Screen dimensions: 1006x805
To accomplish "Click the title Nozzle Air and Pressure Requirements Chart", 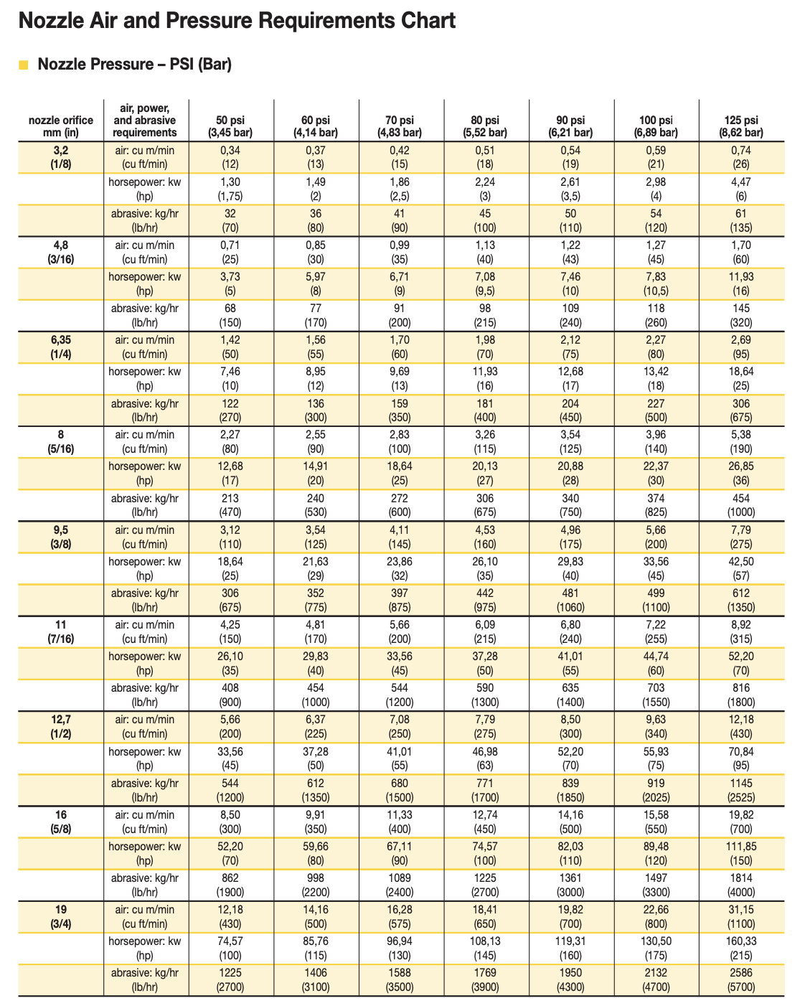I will (237, 21).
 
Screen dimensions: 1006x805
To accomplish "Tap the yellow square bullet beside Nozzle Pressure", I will (24, 65).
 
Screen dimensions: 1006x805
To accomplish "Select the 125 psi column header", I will (741, 126).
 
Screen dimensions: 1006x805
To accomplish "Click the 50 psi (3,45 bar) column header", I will (231, 126).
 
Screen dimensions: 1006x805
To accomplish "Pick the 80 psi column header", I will (486, 126).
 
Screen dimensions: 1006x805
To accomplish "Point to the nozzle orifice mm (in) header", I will (60, 126).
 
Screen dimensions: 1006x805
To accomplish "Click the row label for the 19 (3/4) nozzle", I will (60, 916).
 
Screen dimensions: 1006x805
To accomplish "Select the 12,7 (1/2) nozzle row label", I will (60, 726).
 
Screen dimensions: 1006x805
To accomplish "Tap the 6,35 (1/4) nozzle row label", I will (60, 347).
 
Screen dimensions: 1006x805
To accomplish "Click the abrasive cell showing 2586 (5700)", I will (741, 979).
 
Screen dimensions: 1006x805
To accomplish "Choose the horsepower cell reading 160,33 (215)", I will (741, 948).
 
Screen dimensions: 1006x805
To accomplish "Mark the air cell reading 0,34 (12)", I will (231, 157).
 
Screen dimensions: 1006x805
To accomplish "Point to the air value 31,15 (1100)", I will (741, 916).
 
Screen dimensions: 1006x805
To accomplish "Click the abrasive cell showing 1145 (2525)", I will (741, 789).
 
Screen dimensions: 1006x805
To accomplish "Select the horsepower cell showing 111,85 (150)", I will (741, 853).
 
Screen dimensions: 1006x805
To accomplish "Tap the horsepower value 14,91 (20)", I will (316, 473).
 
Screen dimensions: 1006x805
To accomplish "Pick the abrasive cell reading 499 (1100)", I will (656, 600).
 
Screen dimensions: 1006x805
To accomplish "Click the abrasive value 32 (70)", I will (231, 220).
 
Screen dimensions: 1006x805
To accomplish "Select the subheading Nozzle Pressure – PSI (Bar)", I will (134, 65).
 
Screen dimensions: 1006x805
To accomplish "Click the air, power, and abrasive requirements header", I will (146, 120).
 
